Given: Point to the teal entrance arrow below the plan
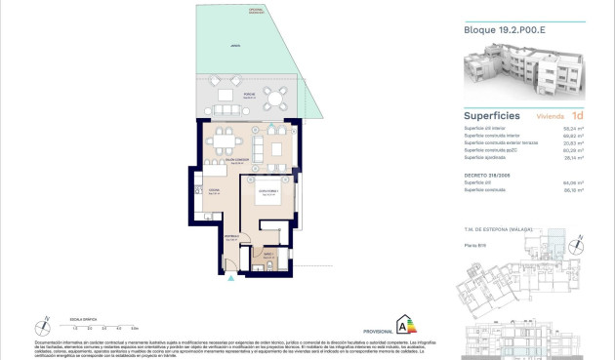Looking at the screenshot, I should coord(230,279).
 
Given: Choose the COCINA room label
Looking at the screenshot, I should coord(213,191).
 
